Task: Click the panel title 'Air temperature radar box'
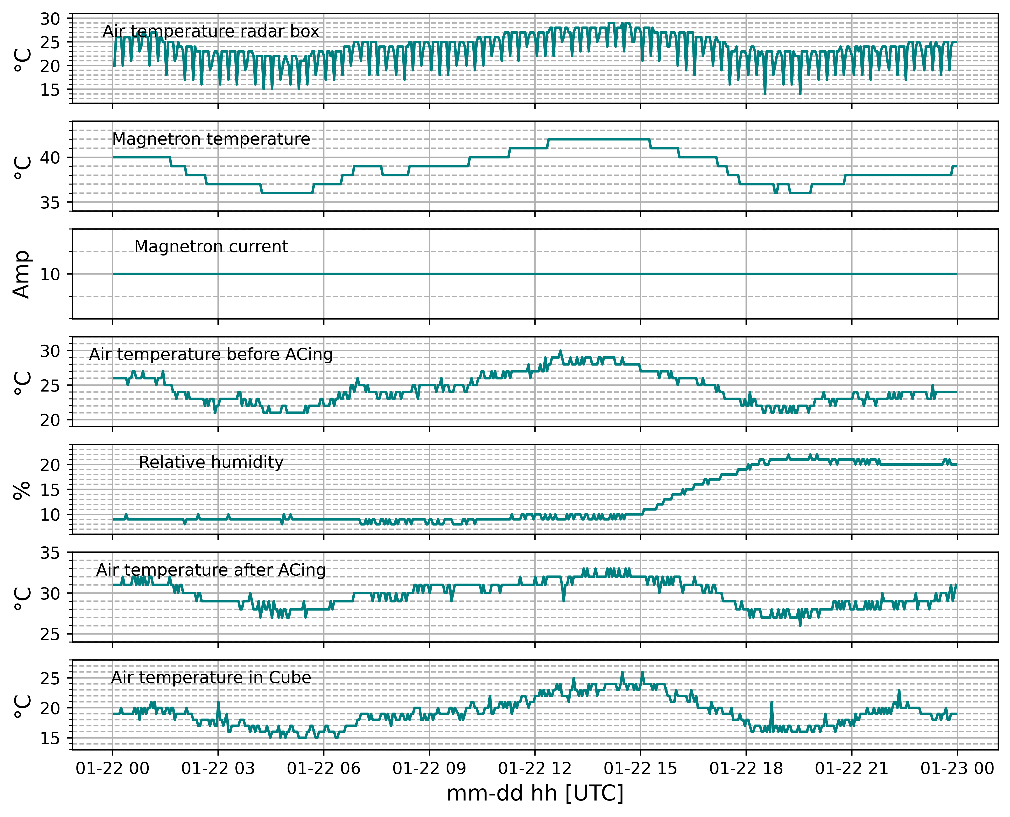click(x=211, y=32)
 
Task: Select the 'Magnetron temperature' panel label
click(x=211, y=139)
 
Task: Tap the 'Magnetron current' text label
click(x=211, y=247)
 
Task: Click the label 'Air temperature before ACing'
click(x=211, y=354)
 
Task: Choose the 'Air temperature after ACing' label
click(x=211, y=570)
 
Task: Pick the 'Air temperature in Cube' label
click(x=211, y=678)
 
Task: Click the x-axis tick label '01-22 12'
click(x=535, y=768)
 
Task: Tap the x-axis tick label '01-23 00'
click(x=957, y=768)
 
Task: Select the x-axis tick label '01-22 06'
click(x=324, y=768)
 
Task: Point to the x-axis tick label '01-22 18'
click(x=746, y=768)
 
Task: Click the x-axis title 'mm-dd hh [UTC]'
click(x=535, y=794)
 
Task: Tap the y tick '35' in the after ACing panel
click(x=50, y=553)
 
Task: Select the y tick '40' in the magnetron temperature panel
click(x=50, y=158)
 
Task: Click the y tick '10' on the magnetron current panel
click(x=50, y=274)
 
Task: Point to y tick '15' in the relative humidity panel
click(x=50, y=490)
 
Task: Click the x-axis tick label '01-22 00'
click(x=113, y=768)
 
